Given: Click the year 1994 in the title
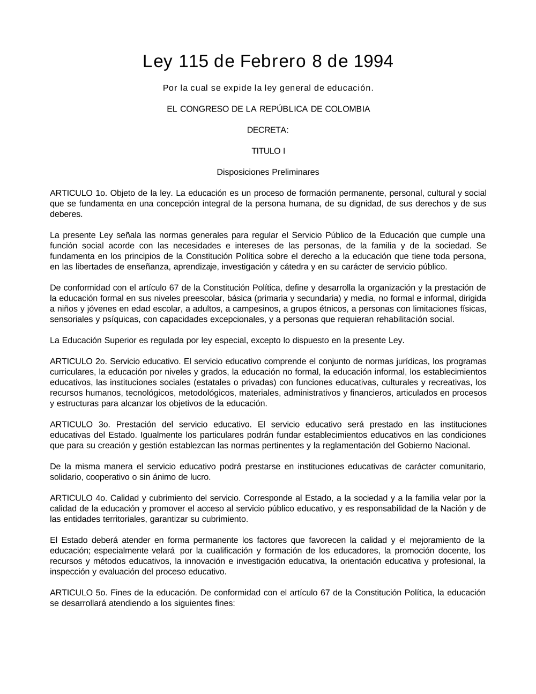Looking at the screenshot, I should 373,62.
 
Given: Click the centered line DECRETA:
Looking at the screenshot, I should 268,130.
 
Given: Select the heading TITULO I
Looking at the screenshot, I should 268,151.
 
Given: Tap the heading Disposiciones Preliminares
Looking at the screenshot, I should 268,172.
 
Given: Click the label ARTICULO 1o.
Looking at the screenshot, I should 78,193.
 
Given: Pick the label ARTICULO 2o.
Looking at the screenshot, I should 78,361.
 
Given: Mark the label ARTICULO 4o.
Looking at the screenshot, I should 78,498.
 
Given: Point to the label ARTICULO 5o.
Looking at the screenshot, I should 78,593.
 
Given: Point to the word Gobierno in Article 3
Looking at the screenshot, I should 414,445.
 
